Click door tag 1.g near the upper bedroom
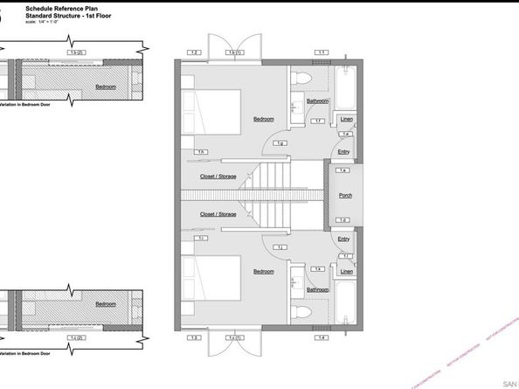(x=280, y=142)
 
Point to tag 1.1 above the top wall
(x=322, y=53)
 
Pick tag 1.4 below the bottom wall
(x=322, y=337)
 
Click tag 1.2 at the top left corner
(x=195, y=53)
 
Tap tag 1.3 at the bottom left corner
(x=195, y=337)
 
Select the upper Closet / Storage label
(x=218, y=177)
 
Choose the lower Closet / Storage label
(x=218, y=213)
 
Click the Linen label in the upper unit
(x=346, y=119)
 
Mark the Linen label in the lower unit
(x=346, y=271)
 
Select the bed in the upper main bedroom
(x=214, y=109)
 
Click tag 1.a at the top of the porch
(x=343, y=170)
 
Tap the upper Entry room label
(x=343, y=151)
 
